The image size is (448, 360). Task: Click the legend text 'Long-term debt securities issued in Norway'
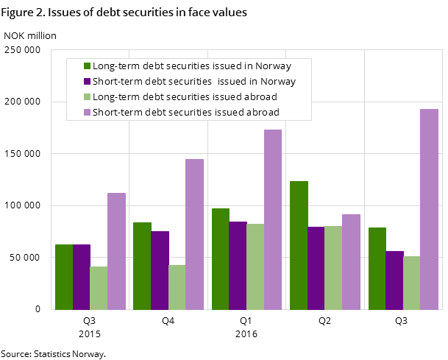(x=192, y=66)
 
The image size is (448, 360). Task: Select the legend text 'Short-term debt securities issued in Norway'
(x=194, y=82)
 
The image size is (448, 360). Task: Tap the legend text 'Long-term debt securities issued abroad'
(x=185, y=97)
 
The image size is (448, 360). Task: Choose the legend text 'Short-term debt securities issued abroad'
(x=186, y=113)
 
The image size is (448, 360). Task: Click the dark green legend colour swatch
(x=87, y=66)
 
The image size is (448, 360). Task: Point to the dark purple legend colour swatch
(x=87, y=82)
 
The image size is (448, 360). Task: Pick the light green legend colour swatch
(x=87, y=97)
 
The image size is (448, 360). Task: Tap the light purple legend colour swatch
(x=87, y=113)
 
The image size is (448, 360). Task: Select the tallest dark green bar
(x=299, y=245)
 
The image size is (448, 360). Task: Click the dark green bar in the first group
(x=64, y=277)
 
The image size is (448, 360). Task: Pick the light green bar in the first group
(x=99, y=288)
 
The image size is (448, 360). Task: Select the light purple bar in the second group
(x=194, y=234)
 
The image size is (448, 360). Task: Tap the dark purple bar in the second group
(x=160, y=270)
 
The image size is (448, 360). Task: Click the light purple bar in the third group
(x=273, y=219)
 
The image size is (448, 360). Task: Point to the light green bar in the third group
(x=255, y=267)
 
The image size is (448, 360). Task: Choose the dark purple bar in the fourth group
(x=316, y=268)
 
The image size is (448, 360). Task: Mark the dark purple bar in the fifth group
(x=394, y=280)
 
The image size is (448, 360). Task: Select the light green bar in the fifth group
(x=411, y=283)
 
